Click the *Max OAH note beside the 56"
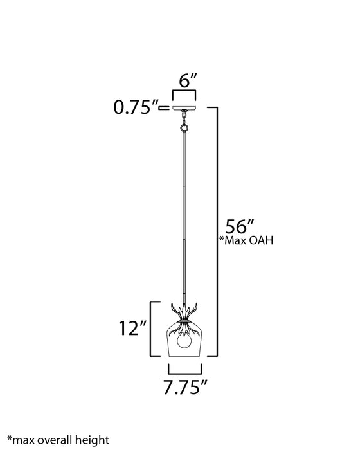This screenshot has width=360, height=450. tap(248, 241)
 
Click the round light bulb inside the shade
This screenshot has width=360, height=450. tap(185, 343)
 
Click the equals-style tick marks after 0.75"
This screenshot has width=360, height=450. tap(165, 108)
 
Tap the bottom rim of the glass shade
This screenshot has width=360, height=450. tap(185, 357)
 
